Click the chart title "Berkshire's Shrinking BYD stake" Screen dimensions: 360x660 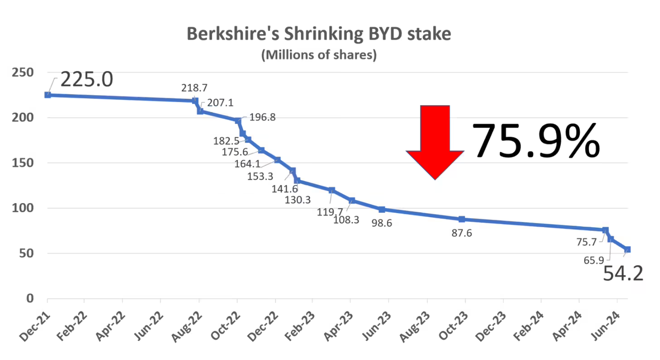click(x=319, y=34)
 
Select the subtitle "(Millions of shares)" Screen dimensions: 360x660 click(x=319, y=55)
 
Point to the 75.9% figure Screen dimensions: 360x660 click(x=536, y=141)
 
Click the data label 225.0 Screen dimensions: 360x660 click(x=86, y=79)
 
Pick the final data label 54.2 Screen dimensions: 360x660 click(x=623, y=274)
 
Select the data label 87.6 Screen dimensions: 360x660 click(x=461, y=233)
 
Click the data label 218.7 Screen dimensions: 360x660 click(x=194, y=88)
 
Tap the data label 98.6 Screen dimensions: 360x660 click(x=382, y=223)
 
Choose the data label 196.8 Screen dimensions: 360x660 click(x=262, y=118)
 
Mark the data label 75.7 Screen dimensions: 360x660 click(x=586, y=242)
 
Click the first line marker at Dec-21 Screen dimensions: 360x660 click(x=48, y=95)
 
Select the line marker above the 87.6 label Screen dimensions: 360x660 click(x=462, y=219)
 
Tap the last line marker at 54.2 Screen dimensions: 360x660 click(x=627, y=250)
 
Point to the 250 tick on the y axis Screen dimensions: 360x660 click(x=23, y=73)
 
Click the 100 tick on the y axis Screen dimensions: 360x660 click(x=23, y=208)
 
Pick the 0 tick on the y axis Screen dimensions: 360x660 click(x=30, y=298)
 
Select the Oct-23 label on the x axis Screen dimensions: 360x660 click(x=453, y=326)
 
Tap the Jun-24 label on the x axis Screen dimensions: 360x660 click(x=605, y=326)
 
